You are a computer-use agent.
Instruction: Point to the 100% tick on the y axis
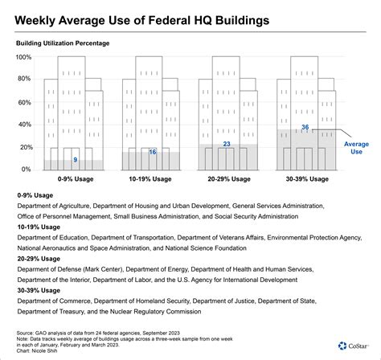click(22, 58)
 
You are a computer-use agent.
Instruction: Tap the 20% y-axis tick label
click(23, 149)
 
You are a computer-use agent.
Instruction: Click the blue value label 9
click(75, 161)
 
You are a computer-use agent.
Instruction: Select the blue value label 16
click(152, 153)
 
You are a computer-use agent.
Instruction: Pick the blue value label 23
click(227, 145)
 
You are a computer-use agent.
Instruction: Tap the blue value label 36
click(305, 128)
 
